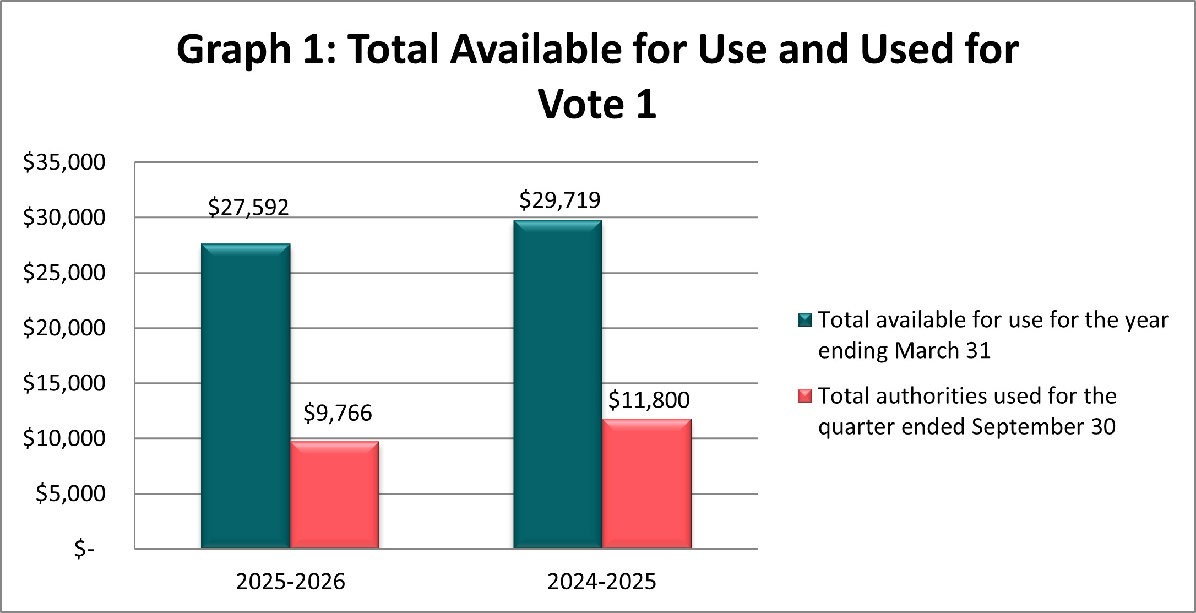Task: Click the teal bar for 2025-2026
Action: (x=246, y=397)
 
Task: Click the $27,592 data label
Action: (x=248, y=208)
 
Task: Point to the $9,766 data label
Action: (x=338, y=413)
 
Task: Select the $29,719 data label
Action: (x=559, y=200)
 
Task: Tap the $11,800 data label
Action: (x=649, y=400)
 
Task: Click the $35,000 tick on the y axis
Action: (x=64, y=162)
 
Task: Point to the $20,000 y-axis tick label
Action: (x=64, y=328)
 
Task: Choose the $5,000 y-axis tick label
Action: (x=70, y=494)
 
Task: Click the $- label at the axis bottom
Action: (x=84, y=549)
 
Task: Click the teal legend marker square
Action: (x=805, y=320)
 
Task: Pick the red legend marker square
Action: (x=805, y=396)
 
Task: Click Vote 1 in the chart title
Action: (x=597, y=104)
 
